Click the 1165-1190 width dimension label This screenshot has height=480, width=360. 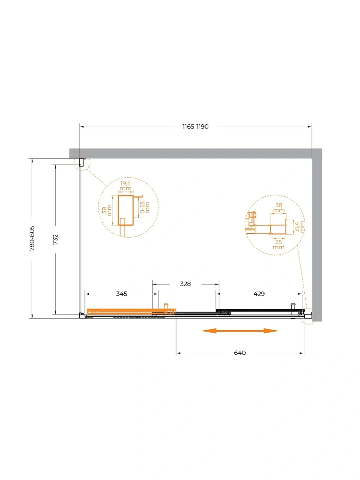(x=195, y=126)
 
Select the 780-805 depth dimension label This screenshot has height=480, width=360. (x=32, y=239)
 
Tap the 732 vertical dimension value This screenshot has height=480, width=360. (x=55, y=240)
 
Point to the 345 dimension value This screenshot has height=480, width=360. (x=121, y=294)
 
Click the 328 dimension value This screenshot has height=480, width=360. (x=185, y=284)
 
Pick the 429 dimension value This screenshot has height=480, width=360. (x=259, y=294)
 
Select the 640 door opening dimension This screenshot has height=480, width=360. (x=240, y=353)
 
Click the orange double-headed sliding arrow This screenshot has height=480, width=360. (x=240, y=331)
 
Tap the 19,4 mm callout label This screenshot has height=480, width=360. (x=125, y=186)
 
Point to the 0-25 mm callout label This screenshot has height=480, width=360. (x=145, y=207)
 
